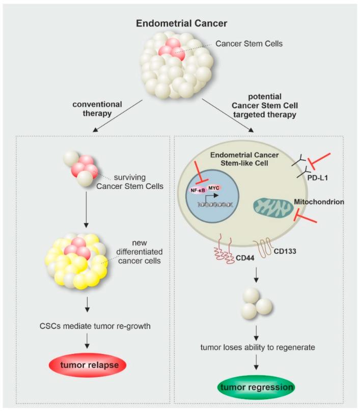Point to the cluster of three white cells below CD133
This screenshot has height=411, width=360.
pyautogui.click(x=256, y=303)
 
